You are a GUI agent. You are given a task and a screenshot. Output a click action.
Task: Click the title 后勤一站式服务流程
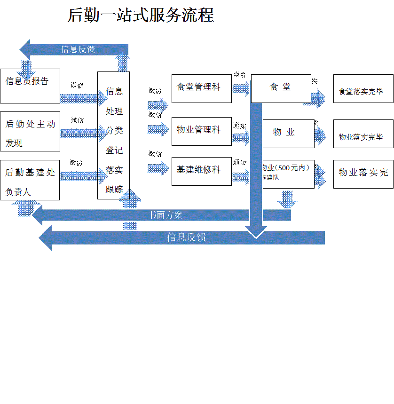141,15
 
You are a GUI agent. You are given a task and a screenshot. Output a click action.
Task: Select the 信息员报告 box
30,86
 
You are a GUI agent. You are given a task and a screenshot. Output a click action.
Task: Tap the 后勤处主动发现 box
30,131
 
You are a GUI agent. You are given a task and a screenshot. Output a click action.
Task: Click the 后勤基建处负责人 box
30,180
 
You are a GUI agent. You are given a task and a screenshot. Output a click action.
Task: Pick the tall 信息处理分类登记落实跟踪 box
113,135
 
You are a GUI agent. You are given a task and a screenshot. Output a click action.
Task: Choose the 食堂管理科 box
201,88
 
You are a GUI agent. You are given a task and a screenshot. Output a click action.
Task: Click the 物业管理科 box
201,131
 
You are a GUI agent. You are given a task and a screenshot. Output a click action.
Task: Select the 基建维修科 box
201,171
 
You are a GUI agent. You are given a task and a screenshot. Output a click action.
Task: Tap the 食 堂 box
281,88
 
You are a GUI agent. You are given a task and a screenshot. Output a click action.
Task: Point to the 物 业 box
288,134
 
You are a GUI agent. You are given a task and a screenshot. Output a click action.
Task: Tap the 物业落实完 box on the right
363,174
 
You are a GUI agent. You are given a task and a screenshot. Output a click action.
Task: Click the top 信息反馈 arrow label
78,49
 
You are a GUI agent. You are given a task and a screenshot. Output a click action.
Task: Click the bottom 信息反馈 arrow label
187,237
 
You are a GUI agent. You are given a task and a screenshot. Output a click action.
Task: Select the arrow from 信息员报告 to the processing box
83,98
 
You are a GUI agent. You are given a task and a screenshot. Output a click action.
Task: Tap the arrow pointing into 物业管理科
158,128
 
